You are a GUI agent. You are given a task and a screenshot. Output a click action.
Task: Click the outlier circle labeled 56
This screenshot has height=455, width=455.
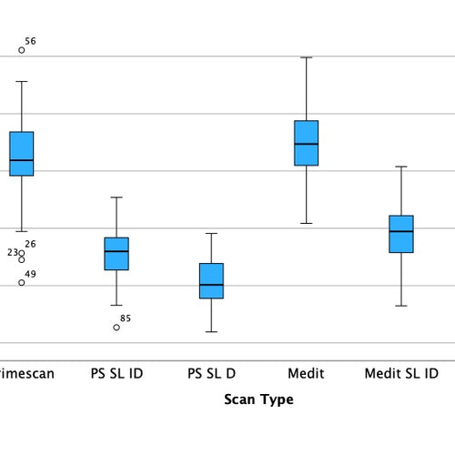pyautogui.click(x=22, y=50)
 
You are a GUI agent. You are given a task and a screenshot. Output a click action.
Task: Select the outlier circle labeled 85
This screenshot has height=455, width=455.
pyautogui.click(x=116, y=327)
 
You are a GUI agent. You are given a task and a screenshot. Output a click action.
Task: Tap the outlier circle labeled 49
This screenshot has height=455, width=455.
pyautogui.click(x=22, y=282)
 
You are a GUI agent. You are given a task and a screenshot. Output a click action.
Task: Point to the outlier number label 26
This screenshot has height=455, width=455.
pyautogui.click(x=30, y=245)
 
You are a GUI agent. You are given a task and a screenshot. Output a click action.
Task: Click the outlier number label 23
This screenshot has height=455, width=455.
pyautogui.click(x=13, y=253)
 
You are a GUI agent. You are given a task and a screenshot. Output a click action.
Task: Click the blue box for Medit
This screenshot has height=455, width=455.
pyautogui.click(x=307, y=143)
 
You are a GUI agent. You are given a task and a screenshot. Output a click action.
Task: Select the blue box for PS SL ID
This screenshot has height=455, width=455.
pyautogui.click(x=116, y=254)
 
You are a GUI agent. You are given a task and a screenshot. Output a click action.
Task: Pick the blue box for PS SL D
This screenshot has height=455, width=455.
pyautogui.click(x=211, y=280)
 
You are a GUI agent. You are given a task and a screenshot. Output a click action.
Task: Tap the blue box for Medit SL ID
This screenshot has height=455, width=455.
pyautogui.click(x=401, y=234)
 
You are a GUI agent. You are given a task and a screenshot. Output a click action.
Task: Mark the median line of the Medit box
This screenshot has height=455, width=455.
pyautogui.click(x=307, y=144)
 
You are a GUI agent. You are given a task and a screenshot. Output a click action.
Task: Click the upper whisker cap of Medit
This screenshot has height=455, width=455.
pyautogui.click(x=307, y=57)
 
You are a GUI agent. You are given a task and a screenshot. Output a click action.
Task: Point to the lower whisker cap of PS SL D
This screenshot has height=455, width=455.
pyautogui.click(x=211, y=331)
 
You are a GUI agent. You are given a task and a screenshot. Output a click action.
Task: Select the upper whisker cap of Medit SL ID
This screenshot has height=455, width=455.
pyautogui.click(x=401, y=167)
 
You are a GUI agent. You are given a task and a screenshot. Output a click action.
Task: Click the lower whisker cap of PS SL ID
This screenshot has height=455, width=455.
pyautogui.click(x=116, y=306)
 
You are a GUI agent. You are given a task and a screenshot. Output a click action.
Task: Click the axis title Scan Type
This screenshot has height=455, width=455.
pyautogui.click(x=258, y=399)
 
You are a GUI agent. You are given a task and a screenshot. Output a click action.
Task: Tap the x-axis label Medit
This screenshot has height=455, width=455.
pyautogui.click(x=307, y=374)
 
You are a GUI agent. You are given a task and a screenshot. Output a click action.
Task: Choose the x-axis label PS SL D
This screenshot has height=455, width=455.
pyautogui.click(x=211, y=374)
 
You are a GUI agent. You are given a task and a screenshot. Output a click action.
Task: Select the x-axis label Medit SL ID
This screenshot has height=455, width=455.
pyautogui.click(x=401, y=374)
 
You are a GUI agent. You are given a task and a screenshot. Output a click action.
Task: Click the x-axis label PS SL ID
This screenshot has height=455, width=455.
pyautogui.click(x=116, y=374)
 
